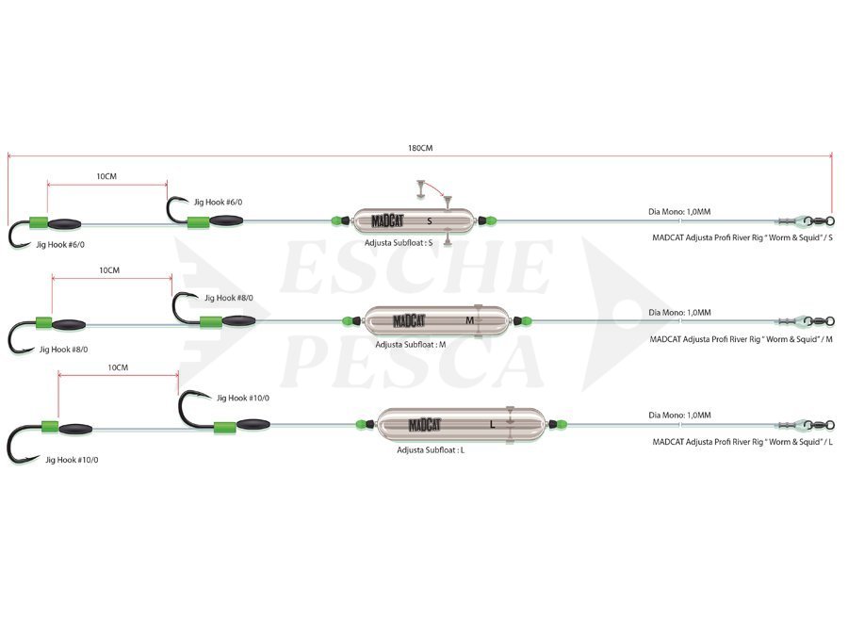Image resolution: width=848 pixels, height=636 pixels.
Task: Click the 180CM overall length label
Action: pyautogui.click(x=420, y=148)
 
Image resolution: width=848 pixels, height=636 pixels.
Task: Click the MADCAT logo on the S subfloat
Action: pyautogui.click(x=387, y=220)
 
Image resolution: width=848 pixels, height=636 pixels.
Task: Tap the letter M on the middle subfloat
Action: pyautogui.click(x=469, y=320)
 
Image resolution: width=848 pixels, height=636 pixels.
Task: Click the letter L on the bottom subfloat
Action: pyautogui.click(x=492, y=425)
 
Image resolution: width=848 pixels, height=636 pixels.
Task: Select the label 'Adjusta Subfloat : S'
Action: pyautogui.click(x=399, y=243)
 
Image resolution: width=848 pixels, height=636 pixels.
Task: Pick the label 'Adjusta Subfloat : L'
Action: pyautogui.click(x=431, y=450)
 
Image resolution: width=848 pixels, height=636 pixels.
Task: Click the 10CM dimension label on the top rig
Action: pyautogui.click(x=106, y=176)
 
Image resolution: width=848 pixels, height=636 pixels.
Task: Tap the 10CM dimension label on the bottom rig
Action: pyautogui.click(x=118, y=367)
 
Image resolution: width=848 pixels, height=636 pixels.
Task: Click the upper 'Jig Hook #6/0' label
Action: pyautogui.click(x=218, y=203)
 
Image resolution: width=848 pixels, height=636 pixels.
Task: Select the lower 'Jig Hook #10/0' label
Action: pyautogui.click(x=72, y=460)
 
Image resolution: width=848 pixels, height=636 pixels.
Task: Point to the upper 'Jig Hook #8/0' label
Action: pyautogui.click(x=229, y=298)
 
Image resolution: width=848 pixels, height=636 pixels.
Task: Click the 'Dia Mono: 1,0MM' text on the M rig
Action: pyautogui.click(x=679, y=313)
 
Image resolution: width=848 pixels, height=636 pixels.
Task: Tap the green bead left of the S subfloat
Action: pyautogui.click(x=337, y=220)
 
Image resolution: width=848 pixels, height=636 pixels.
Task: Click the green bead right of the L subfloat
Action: pyautogui.click(x=562, y=424)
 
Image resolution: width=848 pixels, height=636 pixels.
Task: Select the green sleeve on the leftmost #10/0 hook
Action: pyautogui.click(x=50, y=427)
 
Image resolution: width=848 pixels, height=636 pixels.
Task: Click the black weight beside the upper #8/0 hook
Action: pyautogui.click(x=239, y=320)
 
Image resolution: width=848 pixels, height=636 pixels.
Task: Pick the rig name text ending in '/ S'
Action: pyautogui.click(x=742, y=237)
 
